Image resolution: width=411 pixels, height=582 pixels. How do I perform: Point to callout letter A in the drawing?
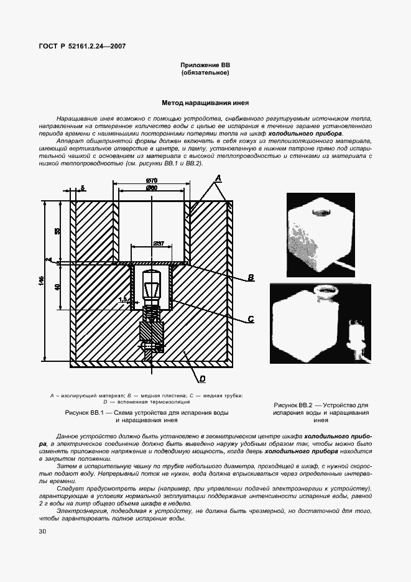pyautogui.click(x=218, y=178)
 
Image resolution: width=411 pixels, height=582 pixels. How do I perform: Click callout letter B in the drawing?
pyautogui.click(x=251, y=278)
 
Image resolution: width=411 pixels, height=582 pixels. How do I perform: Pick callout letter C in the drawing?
pyautogui.click(x=251, y=319)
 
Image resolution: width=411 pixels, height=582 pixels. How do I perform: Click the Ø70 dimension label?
pyautogui.click(x=151, y=181)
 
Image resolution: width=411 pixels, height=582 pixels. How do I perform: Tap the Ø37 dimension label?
pyautogui.click(x=158, y=244)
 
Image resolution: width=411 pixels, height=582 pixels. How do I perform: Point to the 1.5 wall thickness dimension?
pyautogui.click(x=122, y=299)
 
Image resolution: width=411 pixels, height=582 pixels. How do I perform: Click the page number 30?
pyautogui.click(x=42, y=531)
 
